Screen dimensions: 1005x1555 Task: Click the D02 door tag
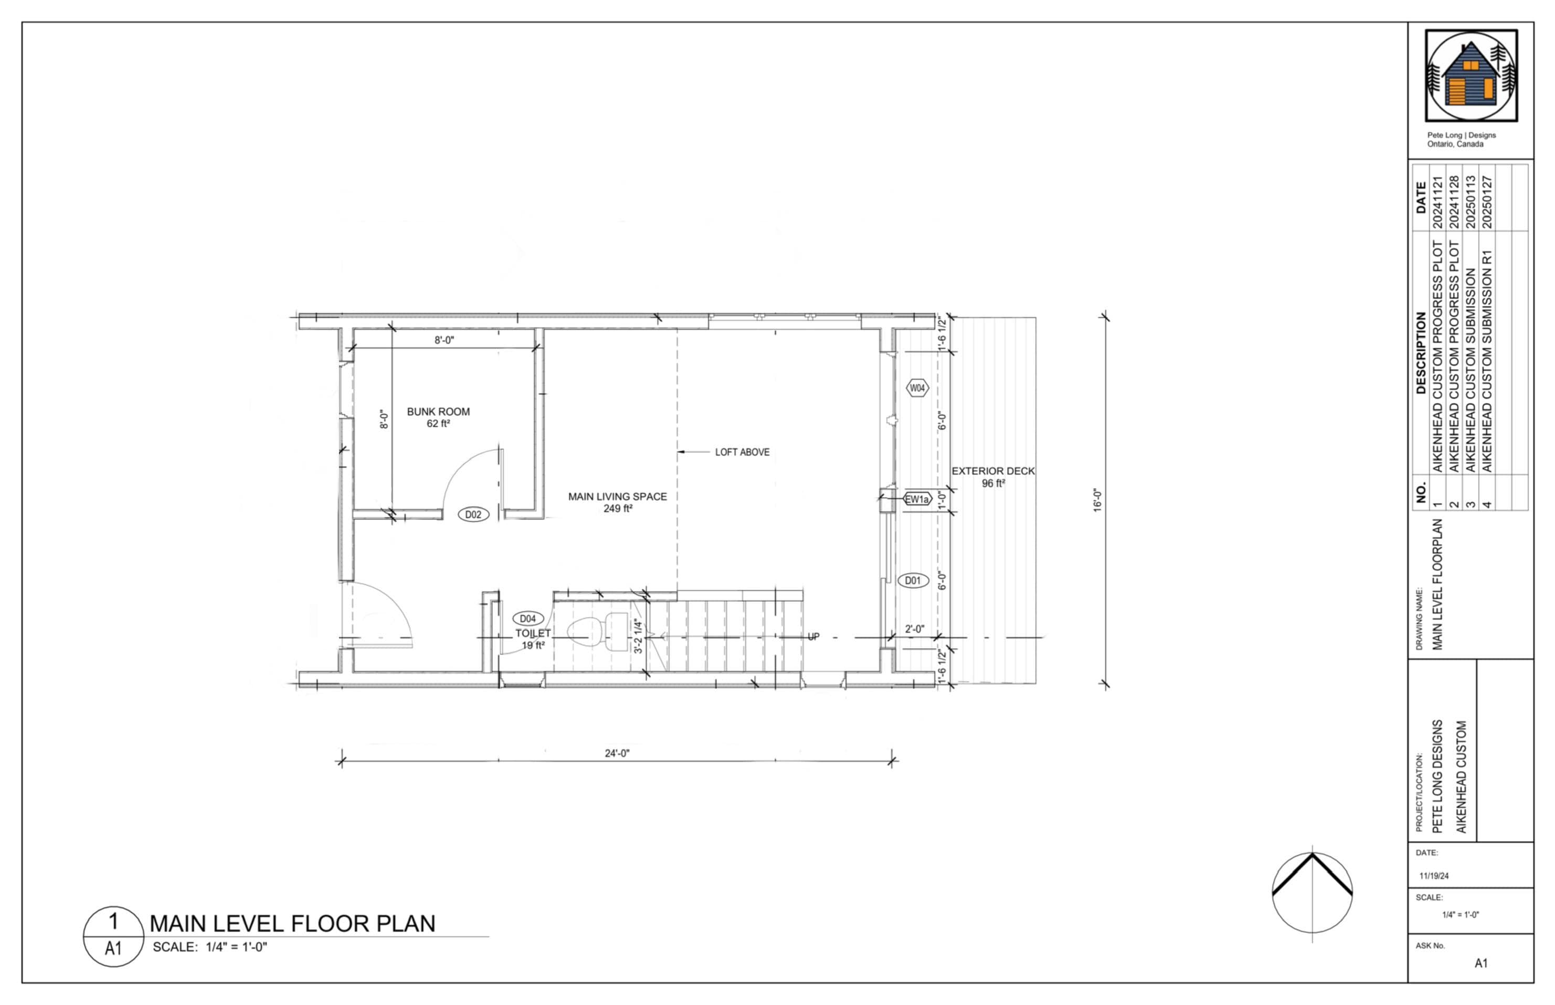[x=473, y=514]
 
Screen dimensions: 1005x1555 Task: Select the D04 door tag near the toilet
[x=528, y=618]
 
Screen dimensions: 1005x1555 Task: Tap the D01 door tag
[x=912, y=580]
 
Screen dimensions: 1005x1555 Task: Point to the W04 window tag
[x=917, y=388]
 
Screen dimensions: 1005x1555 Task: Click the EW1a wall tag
[x=916, y=499]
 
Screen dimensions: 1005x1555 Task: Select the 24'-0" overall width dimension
[x=617, y=753]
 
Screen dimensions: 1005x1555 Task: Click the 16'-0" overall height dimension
[x=1097, y=501]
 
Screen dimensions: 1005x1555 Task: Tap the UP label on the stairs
[x=813, y=637]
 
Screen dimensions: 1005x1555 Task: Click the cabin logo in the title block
[x=1471, y=77]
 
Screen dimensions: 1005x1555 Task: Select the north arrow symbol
[x=1312, y=892]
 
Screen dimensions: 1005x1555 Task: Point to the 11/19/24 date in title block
[x=1434, y=876]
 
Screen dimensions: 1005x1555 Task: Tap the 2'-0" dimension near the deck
[x=914, y=629]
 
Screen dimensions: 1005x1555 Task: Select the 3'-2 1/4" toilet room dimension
[x=638, y=636]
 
